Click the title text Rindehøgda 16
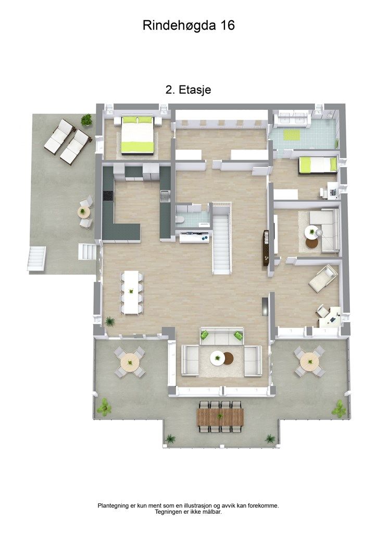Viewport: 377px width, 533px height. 188,26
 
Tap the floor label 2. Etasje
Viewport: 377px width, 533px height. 188,90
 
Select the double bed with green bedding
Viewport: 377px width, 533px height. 138,135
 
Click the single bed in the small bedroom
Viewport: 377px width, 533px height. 317,165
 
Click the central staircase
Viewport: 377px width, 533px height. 221,239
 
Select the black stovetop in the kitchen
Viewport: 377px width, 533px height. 108,196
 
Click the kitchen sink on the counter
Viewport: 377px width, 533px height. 165,196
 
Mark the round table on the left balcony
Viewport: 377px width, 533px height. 130,361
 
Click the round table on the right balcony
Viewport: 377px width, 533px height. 309,360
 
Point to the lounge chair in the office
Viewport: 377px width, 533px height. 323,277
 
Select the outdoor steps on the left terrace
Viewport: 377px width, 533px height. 36,259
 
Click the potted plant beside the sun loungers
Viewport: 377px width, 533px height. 86,120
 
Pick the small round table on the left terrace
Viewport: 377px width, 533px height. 83,212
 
